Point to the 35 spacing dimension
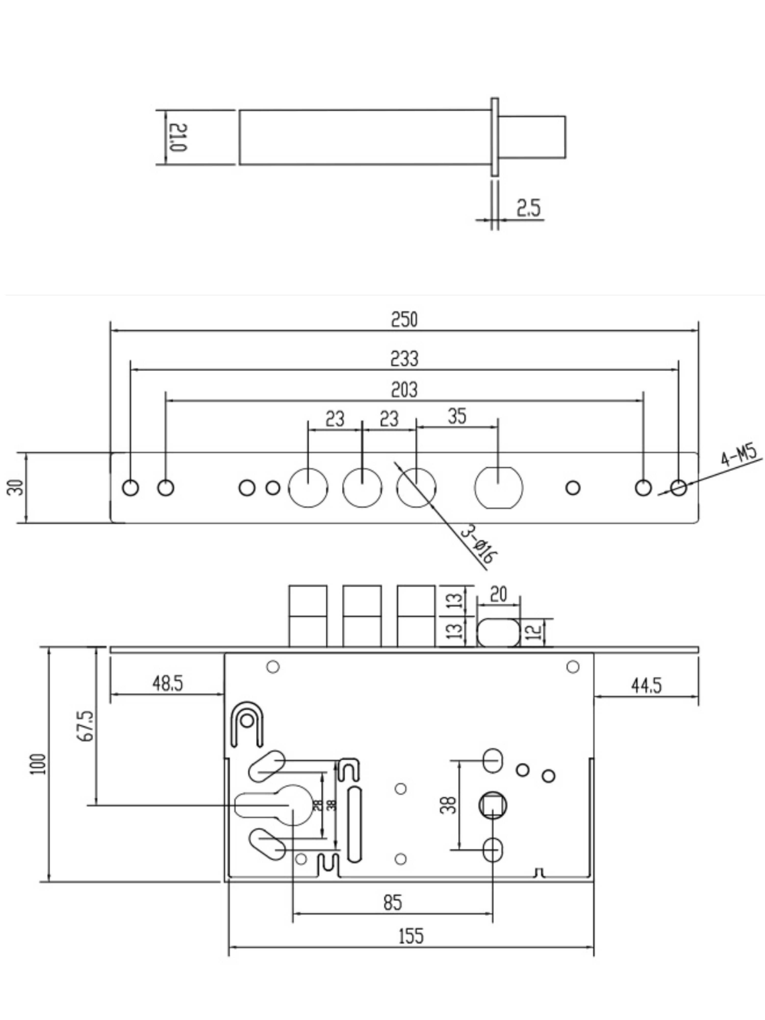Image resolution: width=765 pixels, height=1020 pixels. (x=457, y=416)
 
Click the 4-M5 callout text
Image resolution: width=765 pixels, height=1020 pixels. (x=739, y=456)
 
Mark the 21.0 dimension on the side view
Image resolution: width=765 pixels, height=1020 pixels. (x=178, y=137)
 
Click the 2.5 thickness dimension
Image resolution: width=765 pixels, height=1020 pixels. (x=528, y=208)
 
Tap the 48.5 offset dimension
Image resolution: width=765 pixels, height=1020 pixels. (x=167, y=683)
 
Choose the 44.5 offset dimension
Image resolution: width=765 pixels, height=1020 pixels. (x=646, y=686)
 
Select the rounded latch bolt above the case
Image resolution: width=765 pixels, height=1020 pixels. (x=498, y=633)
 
